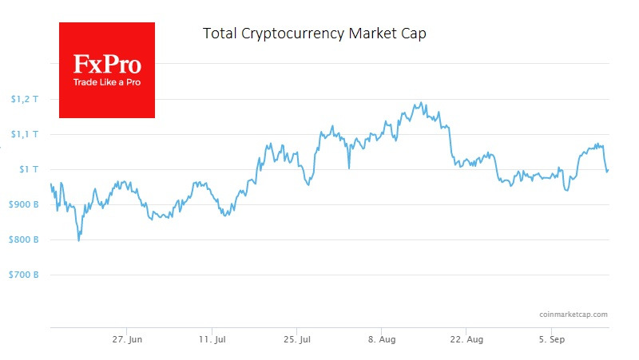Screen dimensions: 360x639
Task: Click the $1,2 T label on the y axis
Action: tap(24, 99)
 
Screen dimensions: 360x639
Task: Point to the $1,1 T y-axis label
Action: tap(24, 134)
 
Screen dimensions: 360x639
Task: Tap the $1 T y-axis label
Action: tap(27, 169)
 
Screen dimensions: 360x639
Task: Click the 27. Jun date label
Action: tap(127, 339)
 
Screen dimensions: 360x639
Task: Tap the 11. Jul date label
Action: tap(212, 339)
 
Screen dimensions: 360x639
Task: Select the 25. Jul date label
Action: tap(296, 339)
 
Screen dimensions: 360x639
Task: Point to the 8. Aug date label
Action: tap(381, 339)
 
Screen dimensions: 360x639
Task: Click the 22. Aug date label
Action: tap(466, 339)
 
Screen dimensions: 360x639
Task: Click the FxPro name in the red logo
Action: tap(106, 65)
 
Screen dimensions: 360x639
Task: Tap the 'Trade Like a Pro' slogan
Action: tap(106, 82)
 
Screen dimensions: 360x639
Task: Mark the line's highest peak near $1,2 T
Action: tap(420, 102)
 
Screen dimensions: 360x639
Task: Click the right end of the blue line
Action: tap(609, 169)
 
